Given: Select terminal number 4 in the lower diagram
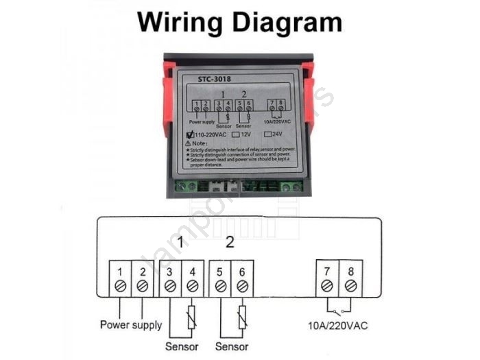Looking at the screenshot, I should pyautogui.click(x=193, y=271).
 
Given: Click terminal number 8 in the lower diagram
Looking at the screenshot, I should pyautogui.click(x=351, y=271).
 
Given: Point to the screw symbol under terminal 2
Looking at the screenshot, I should pyautogui.click(x=143, y=285).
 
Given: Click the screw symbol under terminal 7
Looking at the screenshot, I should pyautogui.click(x=328, y=285).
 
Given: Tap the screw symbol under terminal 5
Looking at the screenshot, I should pyautogui.click(x=221, y=285).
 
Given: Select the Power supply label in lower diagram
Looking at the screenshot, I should pyautogui.click(x=131, y=324).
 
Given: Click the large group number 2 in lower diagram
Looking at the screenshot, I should pyautogui.click(x=230, y=241).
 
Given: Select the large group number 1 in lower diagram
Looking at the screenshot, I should pyautogui.click(x=180, y=241).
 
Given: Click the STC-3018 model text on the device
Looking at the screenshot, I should pyautogui.click(x=206, y=77).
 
